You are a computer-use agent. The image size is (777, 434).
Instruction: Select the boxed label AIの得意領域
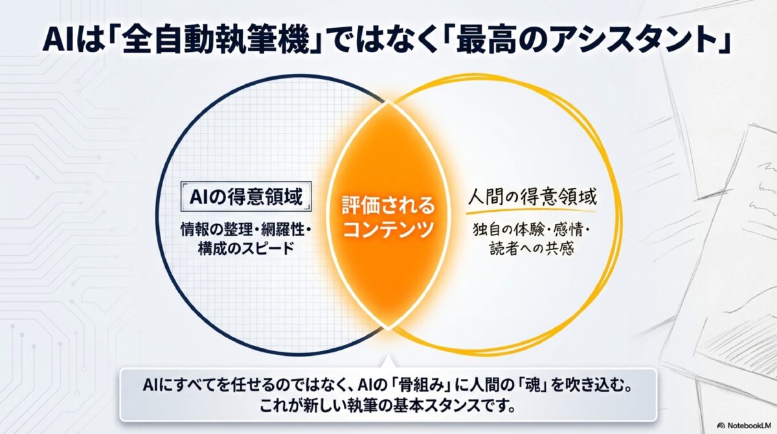click(245, 197)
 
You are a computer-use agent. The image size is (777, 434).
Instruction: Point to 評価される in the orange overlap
click(388, 207)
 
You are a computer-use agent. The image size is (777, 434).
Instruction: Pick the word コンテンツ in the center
click(388, 229)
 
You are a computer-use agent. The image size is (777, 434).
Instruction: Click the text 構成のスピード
click(245, 248)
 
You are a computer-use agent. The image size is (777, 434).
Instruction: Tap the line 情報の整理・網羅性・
click(245, 229)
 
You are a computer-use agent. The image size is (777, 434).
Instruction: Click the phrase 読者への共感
click(531, 249)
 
